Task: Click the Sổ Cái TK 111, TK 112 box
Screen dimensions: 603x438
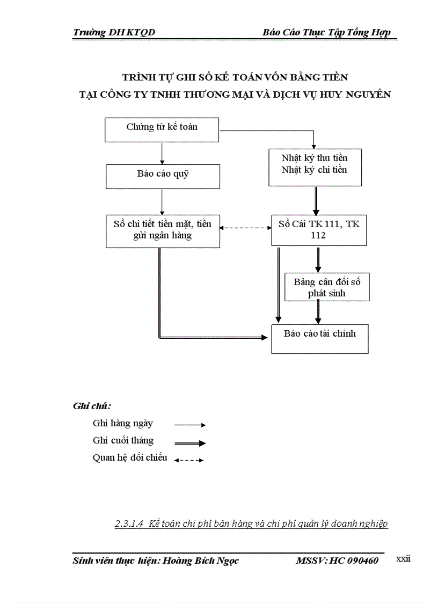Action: coord(319,230)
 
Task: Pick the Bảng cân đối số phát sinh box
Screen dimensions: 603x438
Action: coord(326,287)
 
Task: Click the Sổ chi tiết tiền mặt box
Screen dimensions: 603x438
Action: coord(162,231)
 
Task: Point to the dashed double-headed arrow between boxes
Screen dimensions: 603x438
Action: coord(245,228)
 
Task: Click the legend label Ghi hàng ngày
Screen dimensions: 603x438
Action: coord(122,423)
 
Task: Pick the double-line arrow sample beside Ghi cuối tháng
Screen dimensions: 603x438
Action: coord(190,443)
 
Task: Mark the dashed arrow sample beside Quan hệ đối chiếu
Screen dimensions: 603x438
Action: coord(189,460)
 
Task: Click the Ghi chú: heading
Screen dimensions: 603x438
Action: coord(88,406)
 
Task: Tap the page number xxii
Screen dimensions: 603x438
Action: coord(403,559)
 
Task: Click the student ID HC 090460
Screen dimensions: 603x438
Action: coord(354,561)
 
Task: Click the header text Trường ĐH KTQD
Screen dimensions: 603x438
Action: coord(114,33)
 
